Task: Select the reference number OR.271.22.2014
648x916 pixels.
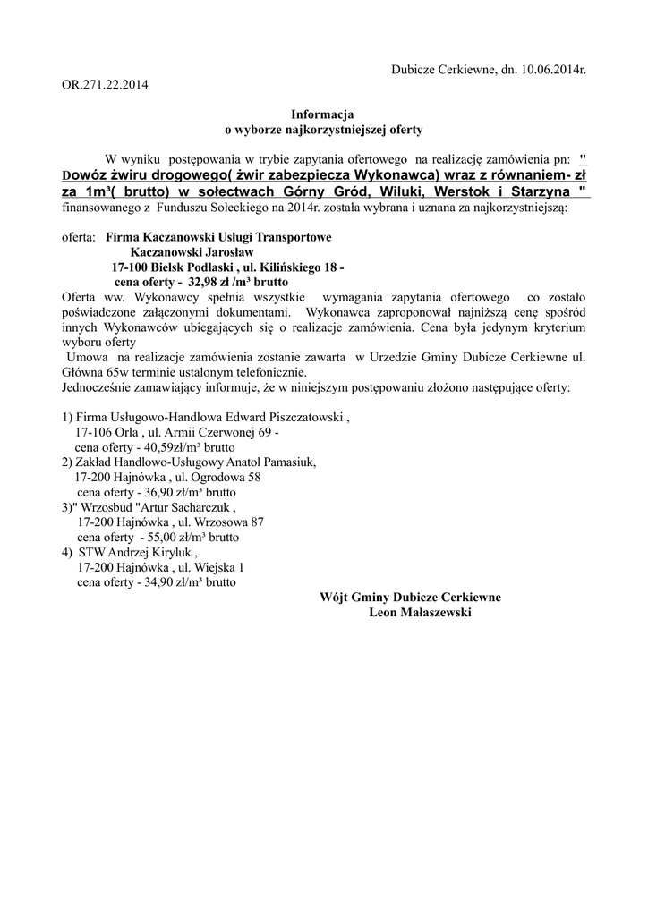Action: [105, 86]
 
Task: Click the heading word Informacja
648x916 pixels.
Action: [322, 114]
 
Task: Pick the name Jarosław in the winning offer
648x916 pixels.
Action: [227, 253]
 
